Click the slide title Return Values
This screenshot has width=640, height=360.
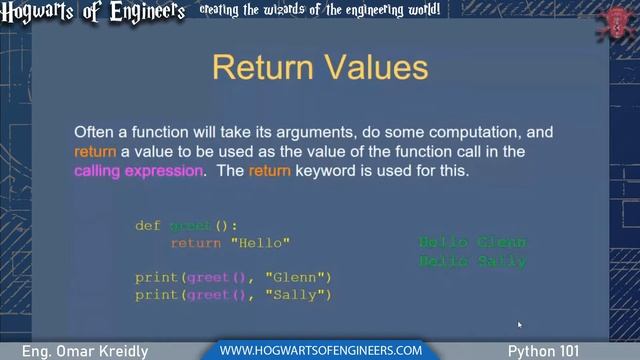tap(320, 69)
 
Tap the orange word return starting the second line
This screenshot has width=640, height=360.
tap(95, 151)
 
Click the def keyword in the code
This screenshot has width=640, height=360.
tap(147, 226)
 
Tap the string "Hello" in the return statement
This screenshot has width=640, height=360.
tap(260, 243)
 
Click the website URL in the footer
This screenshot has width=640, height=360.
tap(320, 350)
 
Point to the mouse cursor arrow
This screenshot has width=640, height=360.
tap(519, 324)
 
